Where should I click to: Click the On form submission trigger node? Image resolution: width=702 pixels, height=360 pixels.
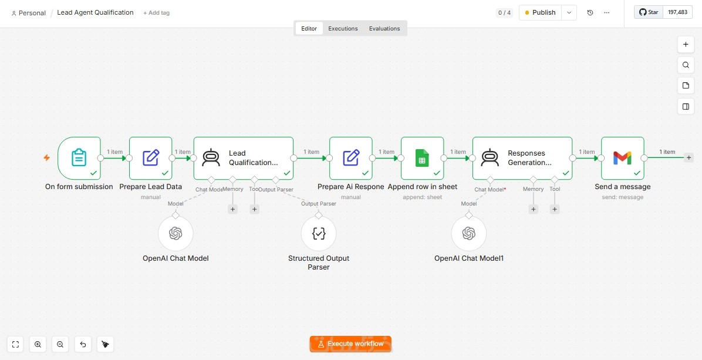tap(79, 158)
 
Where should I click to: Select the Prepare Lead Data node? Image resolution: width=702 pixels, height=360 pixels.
tap(151, 158)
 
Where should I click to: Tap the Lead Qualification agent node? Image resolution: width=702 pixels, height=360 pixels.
tap(244, 158)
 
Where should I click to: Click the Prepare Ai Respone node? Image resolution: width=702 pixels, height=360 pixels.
tap(351, 158)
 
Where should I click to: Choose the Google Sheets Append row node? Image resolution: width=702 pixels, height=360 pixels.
tap(423, 158)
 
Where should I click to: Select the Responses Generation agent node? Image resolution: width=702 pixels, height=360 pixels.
tap(522, 158)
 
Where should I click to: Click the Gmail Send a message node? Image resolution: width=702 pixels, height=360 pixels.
tap(623, 158)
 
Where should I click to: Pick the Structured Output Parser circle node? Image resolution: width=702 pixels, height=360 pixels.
tap(319, 233)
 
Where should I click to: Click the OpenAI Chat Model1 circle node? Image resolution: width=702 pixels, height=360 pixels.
tap(469, 233)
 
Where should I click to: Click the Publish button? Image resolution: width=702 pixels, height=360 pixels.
tap(540, 12)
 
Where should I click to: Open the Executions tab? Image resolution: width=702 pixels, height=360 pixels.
tap(343, 29)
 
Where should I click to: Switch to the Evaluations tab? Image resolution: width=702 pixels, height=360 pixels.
tap(384, 29)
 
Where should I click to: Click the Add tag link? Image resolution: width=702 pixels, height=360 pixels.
tap(156, 13)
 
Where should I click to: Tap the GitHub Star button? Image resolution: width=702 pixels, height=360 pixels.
tap(649, 12)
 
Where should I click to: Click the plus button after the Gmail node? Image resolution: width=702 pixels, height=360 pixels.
tap(689, 157)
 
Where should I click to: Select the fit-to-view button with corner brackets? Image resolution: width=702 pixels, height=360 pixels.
tap(16, 344)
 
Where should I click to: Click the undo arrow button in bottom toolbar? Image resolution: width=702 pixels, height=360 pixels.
tap(83, 344)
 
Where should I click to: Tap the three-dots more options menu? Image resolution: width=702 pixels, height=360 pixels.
tap(607, 12)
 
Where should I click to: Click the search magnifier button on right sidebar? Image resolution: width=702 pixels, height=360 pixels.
tap(686, 65)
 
